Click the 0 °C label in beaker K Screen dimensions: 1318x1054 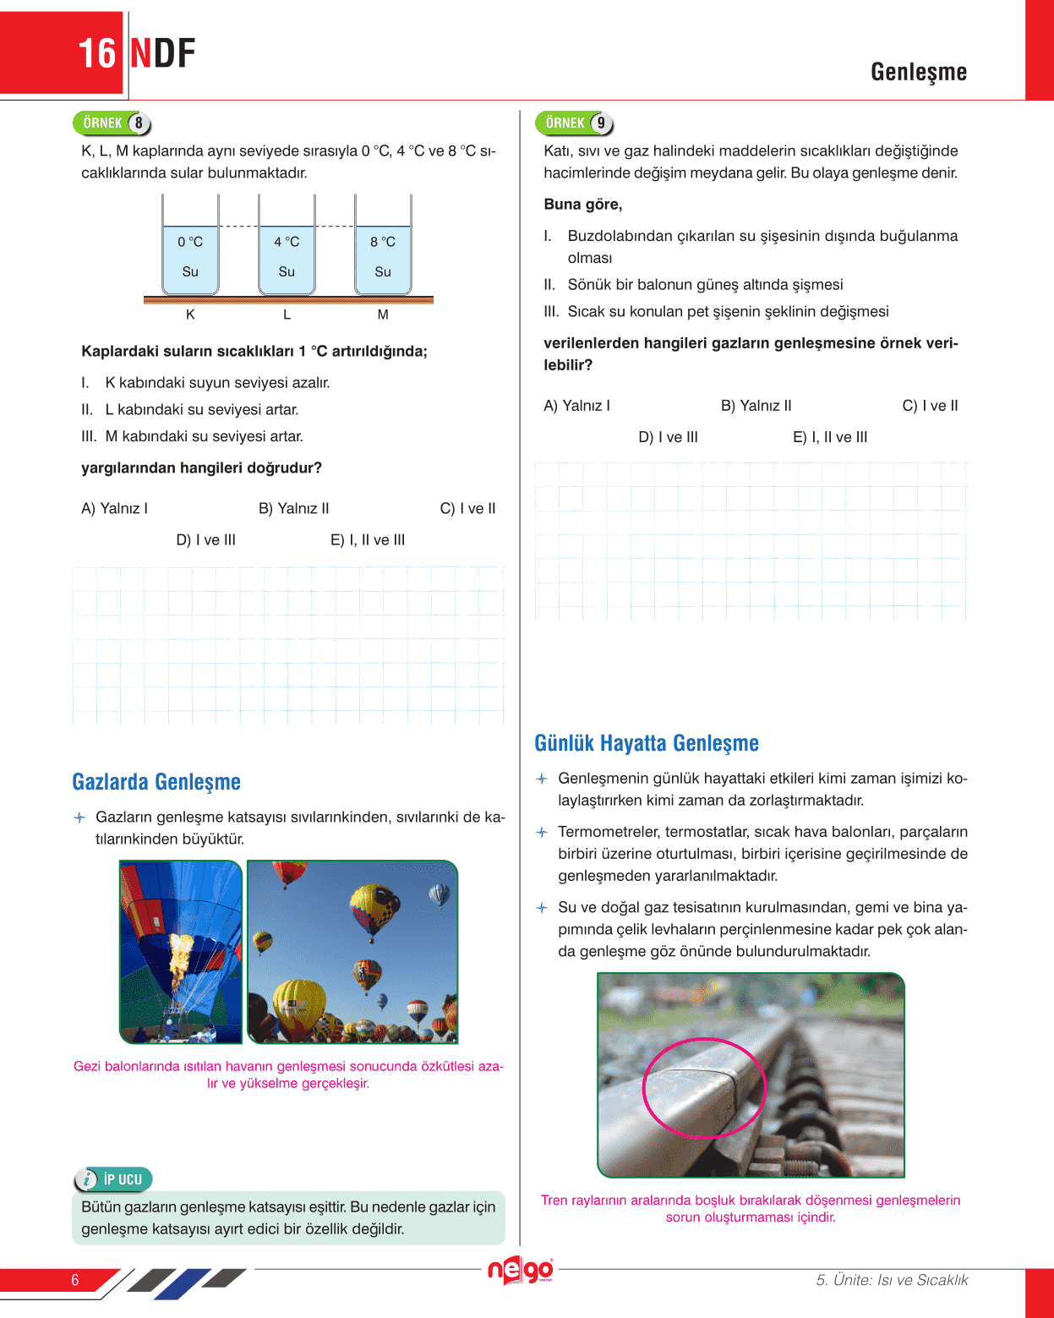tap(190, 242)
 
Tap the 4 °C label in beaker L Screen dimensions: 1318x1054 tap(287, 242)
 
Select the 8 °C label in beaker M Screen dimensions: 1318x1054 tap(383, 242)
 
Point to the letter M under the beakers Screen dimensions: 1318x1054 tap(383, 314)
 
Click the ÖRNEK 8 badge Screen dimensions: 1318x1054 tap(112, 123)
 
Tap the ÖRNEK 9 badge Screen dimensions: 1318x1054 tap(574, 123)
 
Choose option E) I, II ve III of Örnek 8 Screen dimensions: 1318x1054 tap(368, 540)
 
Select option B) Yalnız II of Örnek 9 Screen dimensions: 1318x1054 tap(756, 406)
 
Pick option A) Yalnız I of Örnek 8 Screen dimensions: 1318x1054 tap(114, 509)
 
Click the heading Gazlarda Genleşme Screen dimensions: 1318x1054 tap(156, 782)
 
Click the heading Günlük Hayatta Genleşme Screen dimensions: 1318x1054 tap(647, 743)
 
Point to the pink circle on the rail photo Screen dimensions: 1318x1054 tap(704, 1087)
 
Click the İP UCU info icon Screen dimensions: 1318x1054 tap(86, 1179)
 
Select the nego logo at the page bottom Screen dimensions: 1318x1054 tap(521, 1270)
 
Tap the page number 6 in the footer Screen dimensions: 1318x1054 tap(75, 1280)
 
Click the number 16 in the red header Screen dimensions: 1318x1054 tap(96, 54)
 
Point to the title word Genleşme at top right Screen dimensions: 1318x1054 tap(919, 72)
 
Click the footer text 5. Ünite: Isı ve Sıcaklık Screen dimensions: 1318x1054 tap(892, 1280)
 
